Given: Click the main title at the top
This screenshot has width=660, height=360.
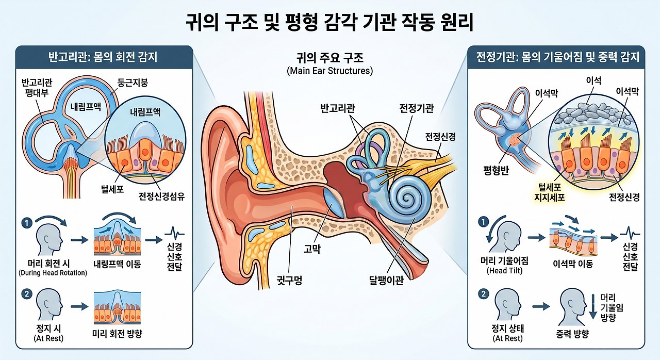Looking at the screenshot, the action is pos(329,22).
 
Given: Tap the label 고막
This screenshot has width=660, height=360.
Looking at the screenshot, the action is pos(312,249).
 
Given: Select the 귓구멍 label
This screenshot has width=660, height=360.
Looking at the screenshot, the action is pos(289,280).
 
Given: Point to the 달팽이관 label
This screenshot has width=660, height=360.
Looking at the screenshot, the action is pos(386,280).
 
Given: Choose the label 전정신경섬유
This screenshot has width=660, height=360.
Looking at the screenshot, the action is pos(162,196).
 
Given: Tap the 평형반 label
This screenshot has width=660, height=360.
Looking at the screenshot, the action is pos(496,170).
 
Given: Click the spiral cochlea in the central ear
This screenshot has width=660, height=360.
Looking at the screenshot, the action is pos(408,197).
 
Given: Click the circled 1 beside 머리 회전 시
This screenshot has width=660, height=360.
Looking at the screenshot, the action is pos(27,223).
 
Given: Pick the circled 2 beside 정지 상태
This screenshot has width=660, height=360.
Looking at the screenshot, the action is pos(484,293).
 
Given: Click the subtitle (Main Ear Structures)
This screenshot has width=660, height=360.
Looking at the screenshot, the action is pos(329,71).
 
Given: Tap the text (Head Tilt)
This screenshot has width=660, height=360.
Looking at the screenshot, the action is pos(504,271).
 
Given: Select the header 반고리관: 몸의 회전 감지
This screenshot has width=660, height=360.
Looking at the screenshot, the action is pos(103,57).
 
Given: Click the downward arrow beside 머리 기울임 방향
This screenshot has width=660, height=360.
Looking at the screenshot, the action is pos(593,307).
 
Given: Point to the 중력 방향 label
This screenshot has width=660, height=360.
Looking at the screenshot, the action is pos(572,334).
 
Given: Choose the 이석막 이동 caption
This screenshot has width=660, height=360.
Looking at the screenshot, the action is pos(573,264).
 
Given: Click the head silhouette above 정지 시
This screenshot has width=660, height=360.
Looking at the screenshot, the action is pos(49,304).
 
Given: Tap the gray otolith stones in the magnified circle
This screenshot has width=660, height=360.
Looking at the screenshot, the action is pos(592,114).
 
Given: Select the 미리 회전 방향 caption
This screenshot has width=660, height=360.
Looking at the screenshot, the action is pos(117,334).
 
